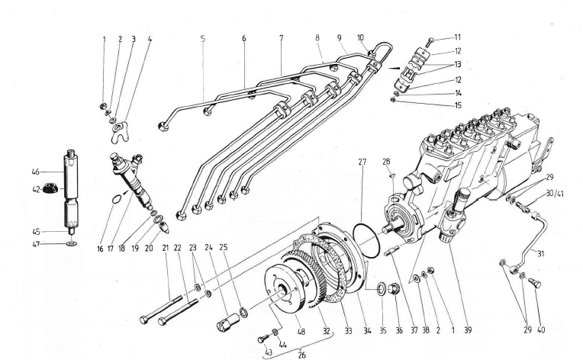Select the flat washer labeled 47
pyautogui.click(x=71, y=243)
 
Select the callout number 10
pyautogui.click(x=361, y=37)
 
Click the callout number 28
pyautogui.click(x=386, y=162)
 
